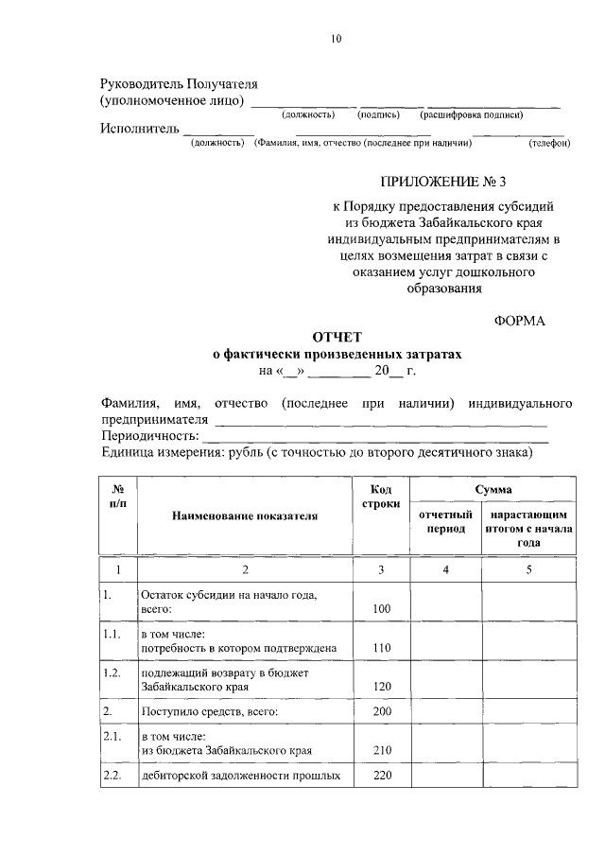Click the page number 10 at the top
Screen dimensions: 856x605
pos(337,39)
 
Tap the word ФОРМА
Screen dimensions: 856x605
pos(520,321)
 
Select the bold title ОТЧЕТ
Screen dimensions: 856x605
pos(337,337)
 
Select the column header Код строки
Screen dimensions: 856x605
pos(381,496)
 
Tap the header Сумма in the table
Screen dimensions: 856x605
pos(494,489)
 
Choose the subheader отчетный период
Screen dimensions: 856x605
pos(445,521)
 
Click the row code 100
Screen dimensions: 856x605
pos(381,608)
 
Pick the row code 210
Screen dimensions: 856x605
pos(381,750)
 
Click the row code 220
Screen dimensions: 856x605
pos(381,777)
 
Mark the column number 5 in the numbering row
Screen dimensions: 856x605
pos(529,569)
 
